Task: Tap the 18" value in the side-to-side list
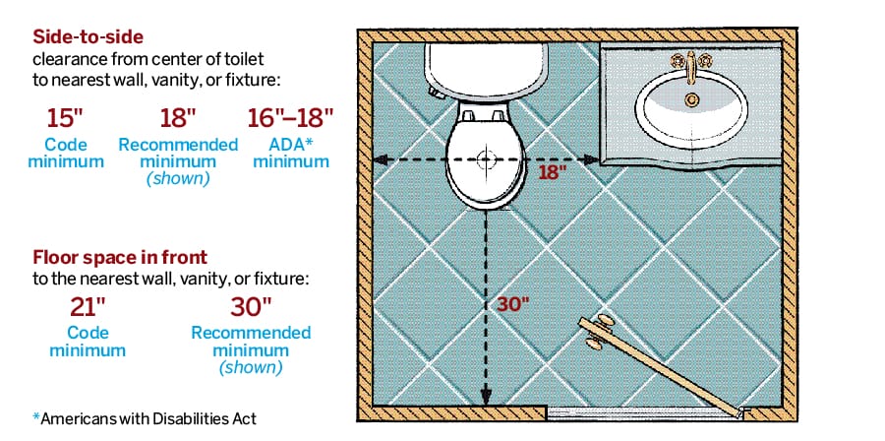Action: tap(178, 118)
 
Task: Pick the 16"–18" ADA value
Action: tap(290, 118)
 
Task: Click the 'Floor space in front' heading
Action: tap(120, 258)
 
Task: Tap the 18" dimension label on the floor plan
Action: tap(554, 173)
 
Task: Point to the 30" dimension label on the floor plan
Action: tap(512, 303)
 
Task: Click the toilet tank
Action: tap(486, 69)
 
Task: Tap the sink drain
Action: tap(692, 98)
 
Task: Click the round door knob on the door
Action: tap(597, 333)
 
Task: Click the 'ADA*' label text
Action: tap(290, 145)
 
